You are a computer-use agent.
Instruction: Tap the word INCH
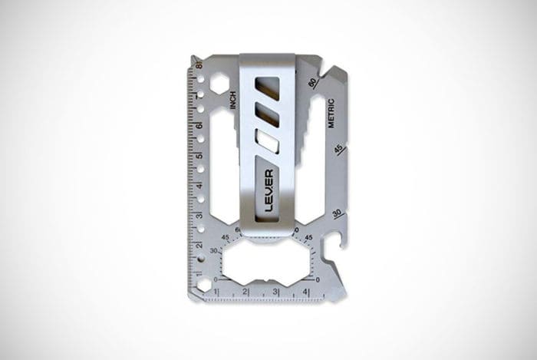[x=232, y=99]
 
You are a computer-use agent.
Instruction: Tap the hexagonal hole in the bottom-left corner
[x=203, y=284]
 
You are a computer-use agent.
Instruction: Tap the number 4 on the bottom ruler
[x=306, y=292]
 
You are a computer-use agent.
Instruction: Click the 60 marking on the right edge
[x=312, y=82]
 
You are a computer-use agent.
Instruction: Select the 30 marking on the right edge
[x=334, y=213]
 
